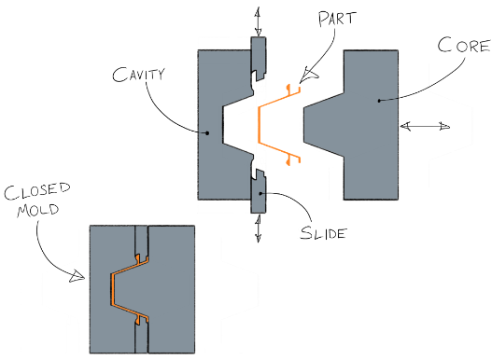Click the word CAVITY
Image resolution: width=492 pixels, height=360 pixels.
pos(138,75)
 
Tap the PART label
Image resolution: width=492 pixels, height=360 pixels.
pos(337,20)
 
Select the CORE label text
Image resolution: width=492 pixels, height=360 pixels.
pos(464,46)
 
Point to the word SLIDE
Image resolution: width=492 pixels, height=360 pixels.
pos(324,232)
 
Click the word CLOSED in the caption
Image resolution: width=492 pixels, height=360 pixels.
pos(37,191)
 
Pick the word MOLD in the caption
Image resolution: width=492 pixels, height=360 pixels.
pos(38,210)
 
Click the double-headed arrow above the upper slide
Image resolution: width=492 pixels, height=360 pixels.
pos(258,21)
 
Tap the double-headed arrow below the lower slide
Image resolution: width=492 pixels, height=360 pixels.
pos(259,228)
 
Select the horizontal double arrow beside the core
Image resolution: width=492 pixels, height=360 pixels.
pos(425,127)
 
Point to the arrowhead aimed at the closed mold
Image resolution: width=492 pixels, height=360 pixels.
pos(77,276)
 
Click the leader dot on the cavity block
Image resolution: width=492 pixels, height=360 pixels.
pos(207,133)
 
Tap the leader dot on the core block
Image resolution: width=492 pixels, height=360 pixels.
pos(379,101)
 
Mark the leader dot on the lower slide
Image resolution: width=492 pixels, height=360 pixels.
pos(260,193)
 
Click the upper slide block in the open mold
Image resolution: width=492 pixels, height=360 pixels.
pos(259,57)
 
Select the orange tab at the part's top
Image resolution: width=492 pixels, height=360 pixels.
pos(288,88)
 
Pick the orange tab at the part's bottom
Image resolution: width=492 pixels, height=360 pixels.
pos(288,161)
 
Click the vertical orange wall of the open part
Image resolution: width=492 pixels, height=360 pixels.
pos(260,125)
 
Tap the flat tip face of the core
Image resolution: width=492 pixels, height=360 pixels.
pos(304,124)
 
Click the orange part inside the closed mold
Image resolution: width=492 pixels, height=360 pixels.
pos(112,289)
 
